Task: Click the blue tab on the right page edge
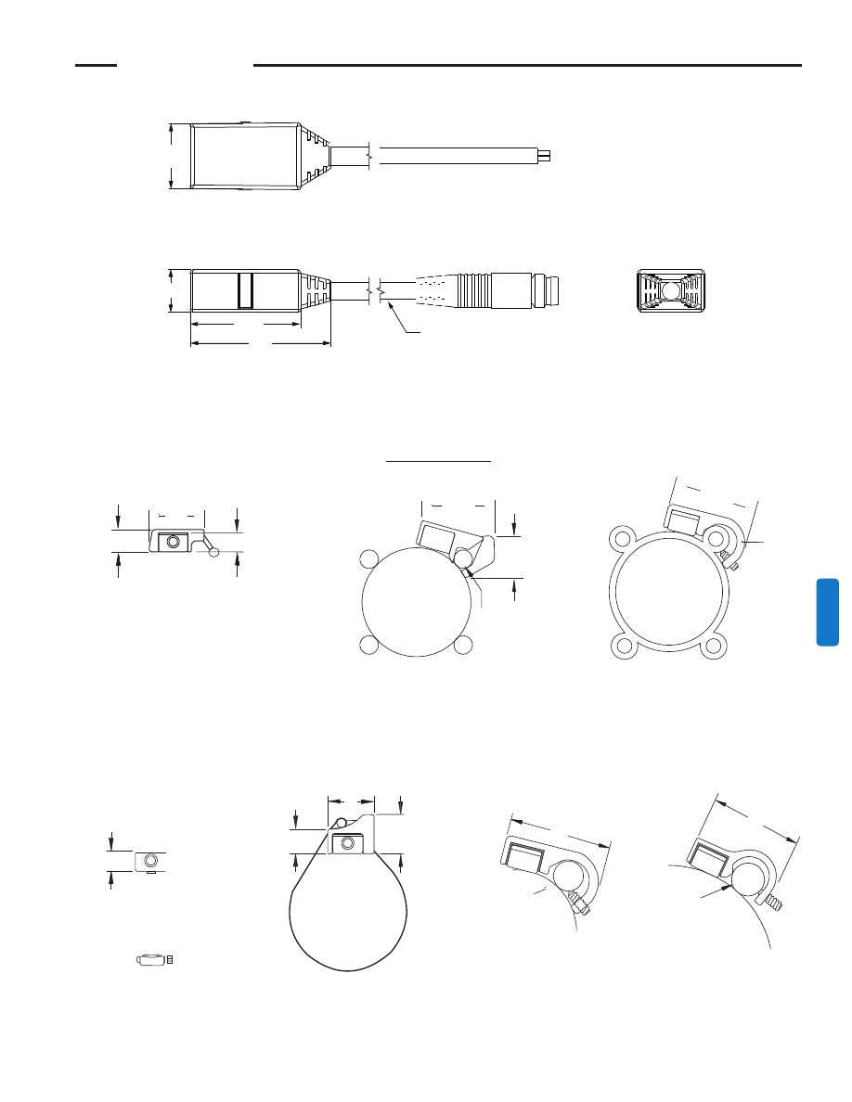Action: [828, 612]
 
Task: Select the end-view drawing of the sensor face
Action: [673, 290]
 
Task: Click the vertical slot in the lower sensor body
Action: [245, 290]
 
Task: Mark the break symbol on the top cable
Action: [371, 155]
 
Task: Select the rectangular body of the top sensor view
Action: [244, 155]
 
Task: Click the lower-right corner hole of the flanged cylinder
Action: [713, 647]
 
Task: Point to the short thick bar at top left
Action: [96, 66]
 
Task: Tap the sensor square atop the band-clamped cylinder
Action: [347, 844]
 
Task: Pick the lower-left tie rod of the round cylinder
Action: [369, 645]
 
